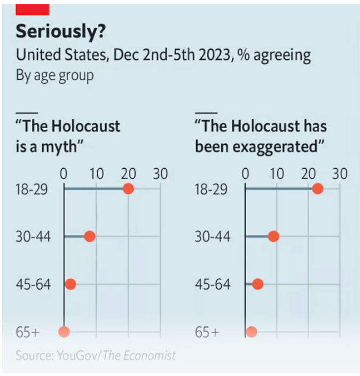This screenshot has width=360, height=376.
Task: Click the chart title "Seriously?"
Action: tap(60, 32)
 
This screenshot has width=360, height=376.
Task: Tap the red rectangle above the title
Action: tap(33, 9)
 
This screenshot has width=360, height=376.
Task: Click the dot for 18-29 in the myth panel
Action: tap(128, 189)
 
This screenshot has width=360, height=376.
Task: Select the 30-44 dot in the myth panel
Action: tap(89, 237)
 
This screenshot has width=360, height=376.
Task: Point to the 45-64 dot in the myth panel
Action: tap(70, 284)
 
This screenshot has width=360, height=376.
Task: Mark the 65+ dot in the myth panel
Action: tap(64, 332)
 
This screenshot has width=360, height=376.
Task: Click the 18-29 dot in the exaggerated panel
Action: tap(317, 189)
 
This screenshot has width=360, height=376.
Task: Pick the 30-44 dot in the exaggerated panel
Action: tap(273, 237)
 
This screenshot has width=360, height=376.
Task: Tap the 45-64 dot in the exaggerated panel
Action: tap(257, 284)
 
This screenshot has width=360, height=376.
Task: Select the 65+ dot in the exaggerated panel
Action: tap(252, 332)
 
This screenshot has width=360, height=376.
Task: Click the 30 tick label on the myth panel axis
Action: tap(160, 174)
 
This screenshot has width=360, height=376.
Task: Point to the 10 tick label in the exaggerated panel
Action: tap(277, 174)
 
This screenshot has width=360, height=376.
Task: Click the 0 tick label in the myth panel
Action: tap(64, 174)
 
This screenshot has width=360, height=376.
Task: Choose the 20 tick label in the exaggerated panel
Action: tap(308, 174)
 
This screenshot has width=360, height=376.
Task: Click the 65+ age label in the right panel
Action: tap(207, 332)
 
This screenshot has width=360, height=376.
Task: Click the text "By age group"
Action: tap(54, 75)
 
